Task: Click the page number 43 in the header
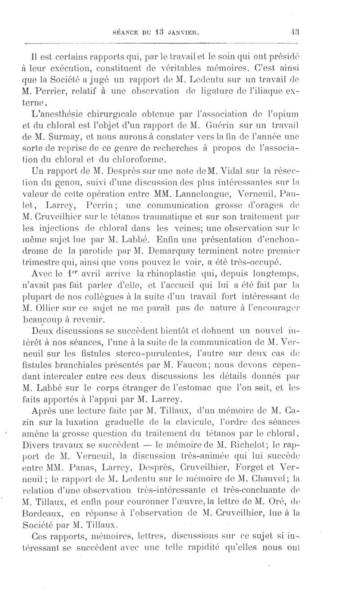[x=295, y=32]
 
